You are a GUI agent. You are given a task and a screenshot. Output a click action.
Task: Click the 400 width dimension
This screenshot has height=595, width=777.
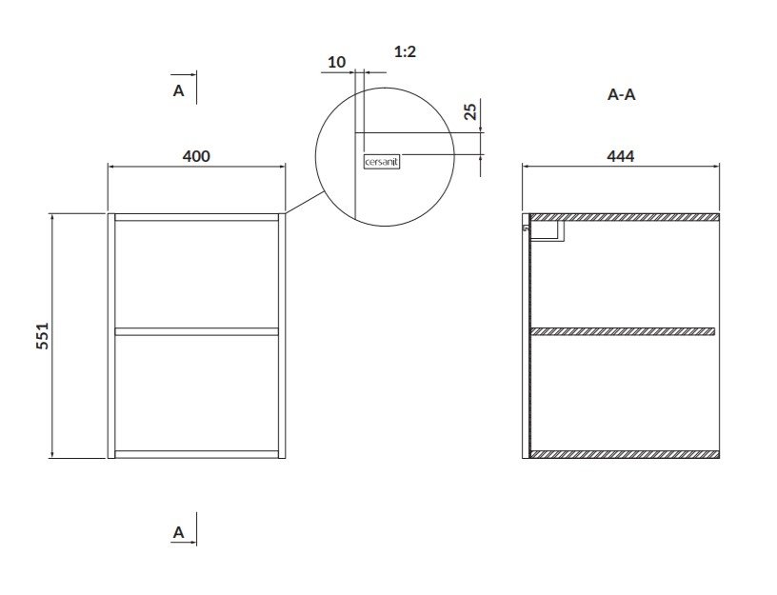click(x=196, y=156)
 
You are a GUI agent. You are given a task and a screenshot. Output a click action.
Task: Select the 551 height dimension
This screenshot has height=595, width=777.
click(x=43, y=335)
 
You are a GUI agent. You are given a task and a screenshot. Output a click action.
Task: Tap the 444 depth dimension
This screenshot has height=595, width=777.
click(x=621, y=156)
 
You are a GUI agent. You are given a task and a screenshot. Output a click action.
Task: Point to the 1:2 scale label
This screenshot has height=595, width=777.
click(x=405, y=51)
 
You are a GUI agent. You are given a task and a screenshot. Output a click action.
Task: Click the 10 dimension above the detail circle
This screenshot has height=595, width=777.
click(x=336, y=63)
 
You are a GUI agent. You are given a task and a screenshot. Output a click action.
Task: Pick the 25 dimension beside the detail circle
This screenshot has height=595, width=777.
click(x=470, y=111)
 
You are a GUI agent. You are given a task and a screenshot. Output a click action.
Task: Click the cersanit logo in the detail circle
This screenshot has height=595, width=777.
click(x=382, y=162)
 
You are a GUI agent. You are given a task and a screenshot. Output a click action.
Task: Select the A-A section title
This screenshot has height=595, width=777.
click(x=621, y=94)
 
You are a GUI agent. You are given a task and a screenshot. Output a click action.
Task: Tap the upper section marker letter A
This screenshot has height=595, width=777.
click(x=178, y=90)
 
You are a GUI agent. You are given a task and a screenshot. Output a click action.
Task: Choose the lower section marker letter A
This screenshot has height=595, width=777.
click(x=178, y=532)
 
